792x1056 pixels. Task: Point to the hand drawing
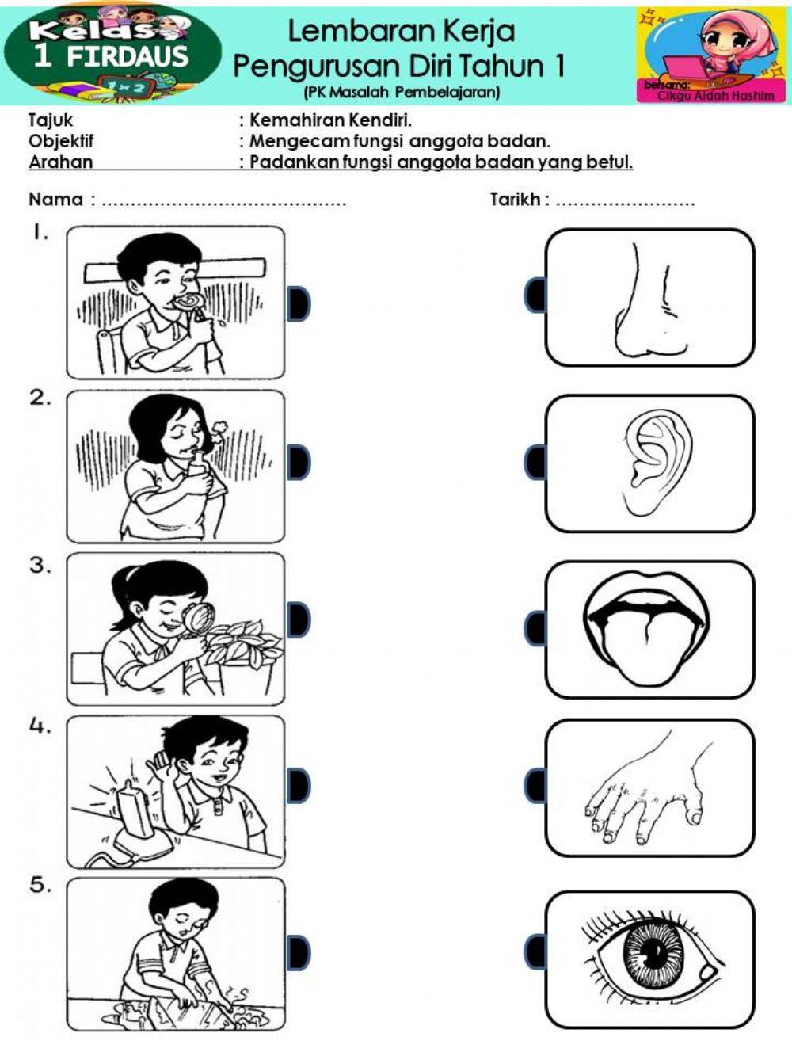point(645,792)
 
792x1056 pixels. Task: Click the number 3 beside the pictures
point(40,566)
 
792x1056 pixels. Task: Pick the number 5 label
point(40,885)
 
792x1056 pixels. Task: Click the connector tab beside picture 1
point(299,303)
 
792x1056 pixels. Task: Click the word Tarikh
point(515,200)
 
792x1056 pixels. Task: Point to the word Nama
point(55,200)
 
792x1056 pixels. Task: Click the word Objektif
point(61,141)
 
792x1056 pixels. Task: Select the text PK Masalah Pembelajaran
point(402,93)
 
